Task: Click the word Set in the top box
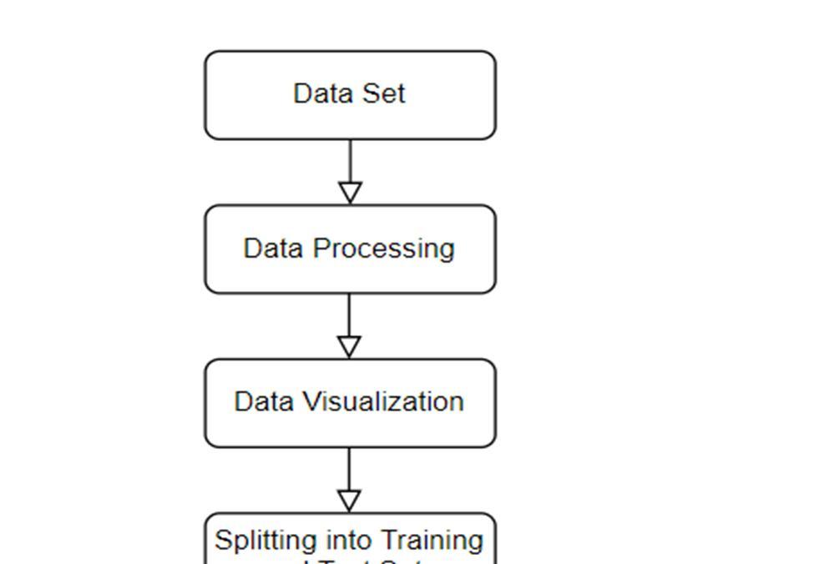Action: click(x=383, y=93)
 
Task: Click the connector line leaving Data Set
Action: click(x=350, y=160)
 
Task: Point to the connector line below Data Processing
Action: click(x=350, y=314)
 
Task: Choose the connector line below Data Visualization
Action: click(x=350, y=468)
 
